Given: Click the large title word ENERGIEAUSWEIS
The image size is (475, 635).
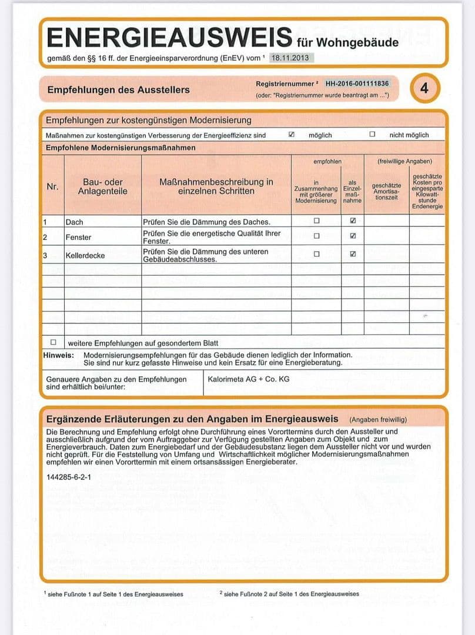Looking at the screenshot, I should pyautogui.click(x=169, y=37).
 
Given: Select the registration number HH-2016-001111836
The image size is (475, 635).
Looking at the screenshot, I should pyautogui.click(x=357, y=83).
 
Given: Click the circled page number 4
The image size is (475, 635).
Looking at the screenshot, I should pyautogui.click(x=424, y=89).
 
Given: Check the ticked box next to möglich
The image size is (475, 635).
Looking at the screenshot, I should pyautogui.click(x=292, y=135).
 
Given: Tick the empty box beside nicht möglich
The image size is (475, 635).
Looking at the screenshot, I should pyautogui.click(x=372, y=135).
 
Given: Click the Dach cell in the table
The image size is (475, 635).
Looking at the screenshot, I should pyautogui.click(x=75, y=222).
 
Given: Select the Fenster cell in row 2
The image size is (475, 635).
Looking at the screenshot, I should pyautogui.click(x=78, y=237).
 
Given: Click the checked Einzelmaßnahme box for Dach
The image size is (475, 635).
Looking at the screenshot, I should pyautogui.click(x=353, y=221).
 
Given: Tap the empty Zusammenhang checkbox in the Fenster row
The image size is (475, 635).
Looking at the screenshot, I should pyautogui.click(x=316, y=236).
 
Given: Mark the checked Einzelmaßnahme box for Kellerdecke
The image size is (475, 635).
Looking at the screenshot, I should pyautogui.click(x=353, y=255).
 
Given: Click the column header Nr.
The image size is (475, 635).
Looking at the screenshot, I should pyautogui.click(x=52, y=187).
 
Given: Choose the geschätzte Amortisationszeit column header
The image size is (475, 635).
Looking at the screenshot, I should pyautogui.click(x=386, y=191).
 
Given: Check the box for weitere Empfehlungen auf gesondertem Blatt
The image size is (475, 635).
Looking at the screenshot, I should pyautogui.click(x=53, y=342).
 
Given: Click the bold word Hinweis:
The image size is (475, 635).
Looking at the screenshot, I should pyautogui.click(x=58, y=355).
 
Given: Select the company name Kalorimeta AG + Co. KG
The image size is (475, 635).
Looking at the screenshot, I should pyautogui.click(x=249, y=379).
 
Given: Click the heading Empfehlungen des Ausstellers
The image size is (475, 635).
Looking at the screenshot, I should pyautogui.click(x=118, y=90).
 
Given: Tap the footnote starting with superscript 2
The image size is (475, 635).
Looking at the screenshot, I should pyautogui.click(x=289, y=594).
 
